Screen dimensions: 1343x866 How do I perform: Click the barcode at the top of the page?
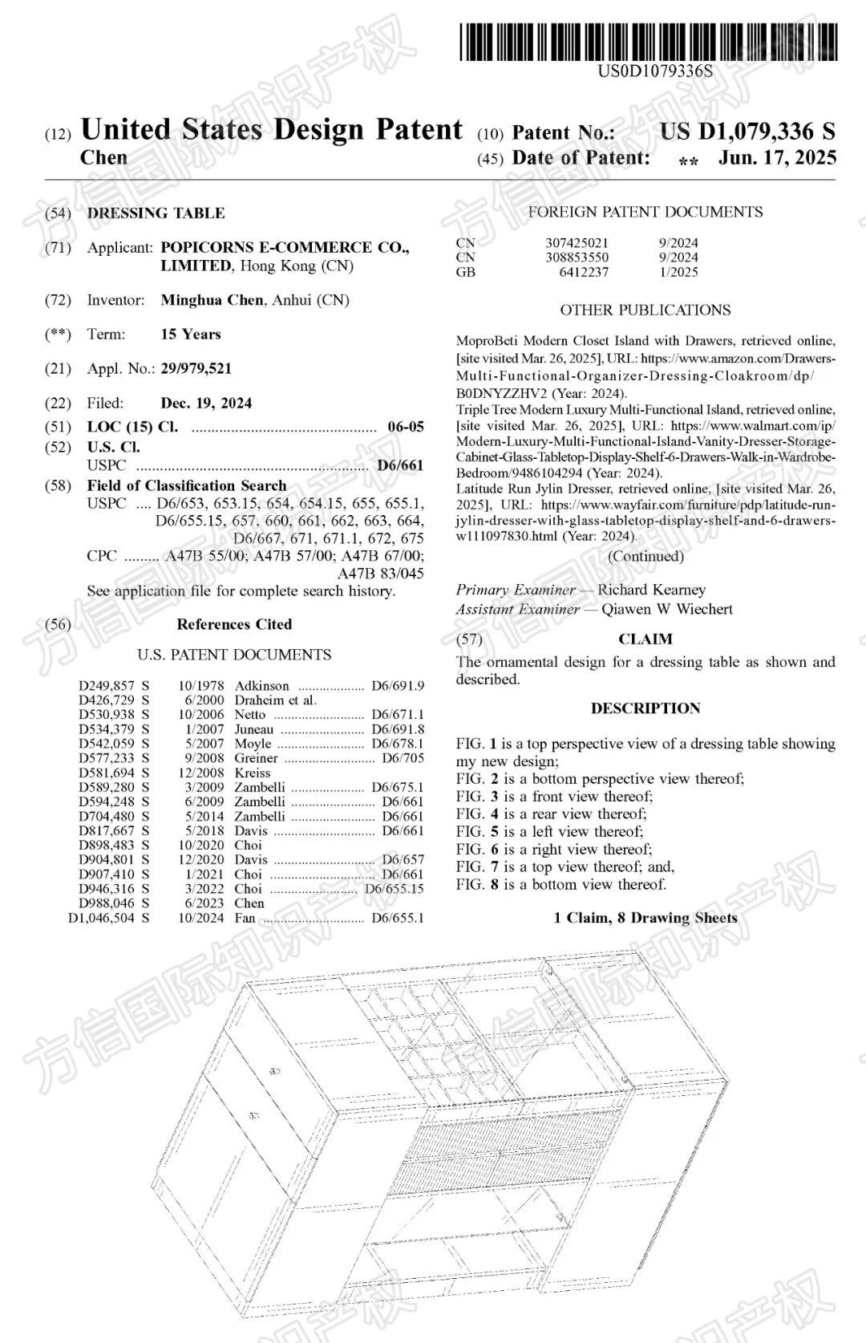(648, 42)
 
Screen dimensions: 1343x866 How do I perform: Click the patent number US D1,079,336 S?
(747, 132)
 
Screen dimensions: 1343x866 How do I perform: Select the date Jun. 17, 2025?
(777, 157)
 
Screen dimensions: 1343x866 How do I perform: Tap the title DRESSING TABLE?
(156, 213)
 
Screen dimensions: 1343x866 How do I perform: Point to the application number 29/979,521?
(196, 369)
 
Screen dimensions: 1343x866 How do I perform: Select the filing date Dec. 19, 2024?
(206, 403)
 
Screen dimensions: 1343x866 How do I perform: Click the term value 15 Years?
(190, 335)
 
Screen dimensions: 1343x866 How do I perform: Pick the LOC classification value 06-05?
(405, 427)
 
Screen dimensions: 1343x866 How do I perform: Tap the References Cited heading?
(234, 624)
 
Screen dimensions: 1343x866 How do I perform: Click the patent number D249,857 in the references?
(107, 686)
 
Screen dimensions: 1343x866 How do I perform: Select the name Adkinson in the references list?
(261, 686)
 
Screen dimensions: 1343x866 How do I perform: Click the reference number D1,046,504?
(101, 918)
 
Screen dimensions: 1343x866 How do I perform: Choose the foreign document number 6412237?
(584, 272)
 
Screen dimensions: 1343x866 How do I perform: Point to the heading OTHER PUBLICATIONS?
(645, 310)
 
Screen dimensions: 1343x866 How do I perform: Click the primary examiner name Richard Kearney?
(651, 590)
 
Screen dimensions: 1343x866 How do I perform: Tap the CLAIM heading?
(645, 639)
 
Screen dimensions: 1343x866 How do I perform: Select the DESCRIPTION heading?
(645, 708)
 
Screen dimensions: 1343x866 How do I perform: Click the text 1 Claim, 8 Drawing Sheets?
(645, 918)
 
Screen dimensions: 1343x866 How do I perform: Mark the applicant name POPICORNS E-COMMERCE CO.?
(285, 248)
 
